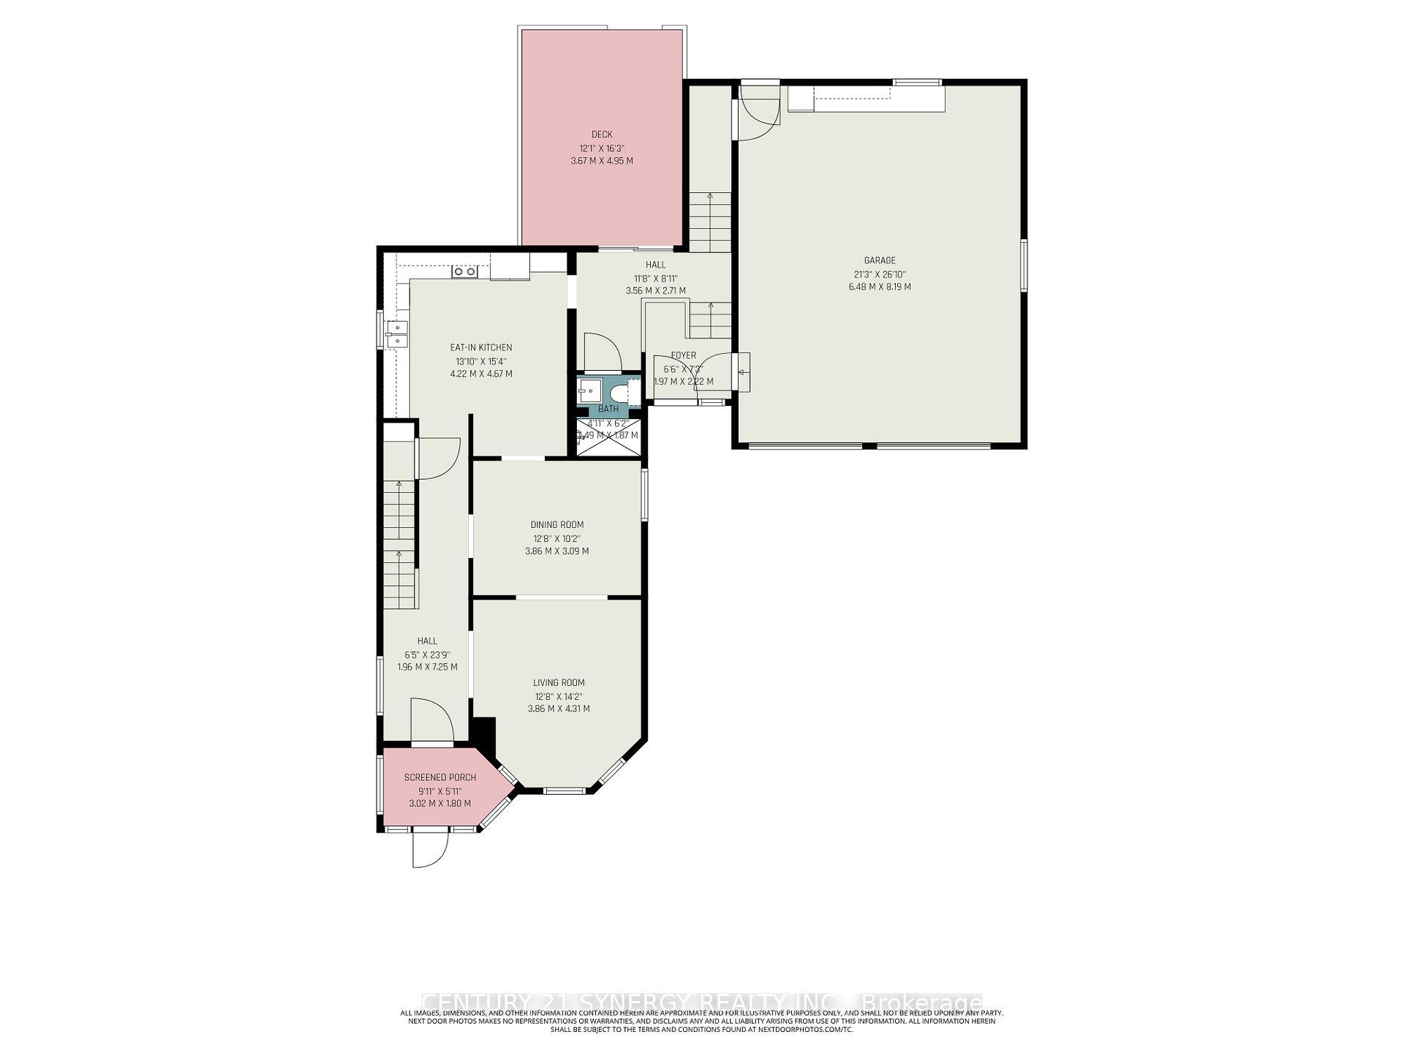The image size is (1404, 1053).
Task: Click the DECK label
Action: (602, 135)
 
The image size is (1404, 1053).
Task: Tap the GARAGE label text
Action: (879, 260)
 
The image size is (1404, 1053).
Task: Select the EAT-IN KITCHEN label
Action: (480, 348)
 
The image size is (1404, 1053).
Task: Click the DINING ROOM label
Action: (556, 524)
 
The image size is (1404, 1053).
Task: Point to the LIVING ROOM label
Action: (558, 683)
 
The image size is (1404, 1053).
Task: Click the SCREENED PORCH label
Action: (439, 777)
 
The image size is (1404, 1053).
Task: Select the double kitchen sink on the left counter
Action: (397, 333)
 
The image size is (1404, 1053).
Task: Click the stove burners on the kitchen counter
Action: (464, 271)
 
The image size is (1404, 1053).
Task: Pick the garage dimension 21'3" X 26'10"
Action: (879, 274)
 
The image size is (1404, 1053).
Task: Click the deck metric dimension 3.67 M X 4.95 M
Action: (602, 161)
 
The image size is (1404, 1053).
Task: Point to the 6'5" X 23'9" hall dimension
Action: (427, 655)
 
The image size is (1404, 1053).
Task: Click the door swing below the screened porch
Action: (429, 850)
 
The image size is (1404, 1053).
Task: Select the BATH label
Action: (608, 409)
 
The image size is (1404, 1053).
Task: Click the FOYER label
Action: (683, 355)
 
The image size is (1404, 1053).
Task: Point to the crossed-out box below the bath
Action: (608, 437)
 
